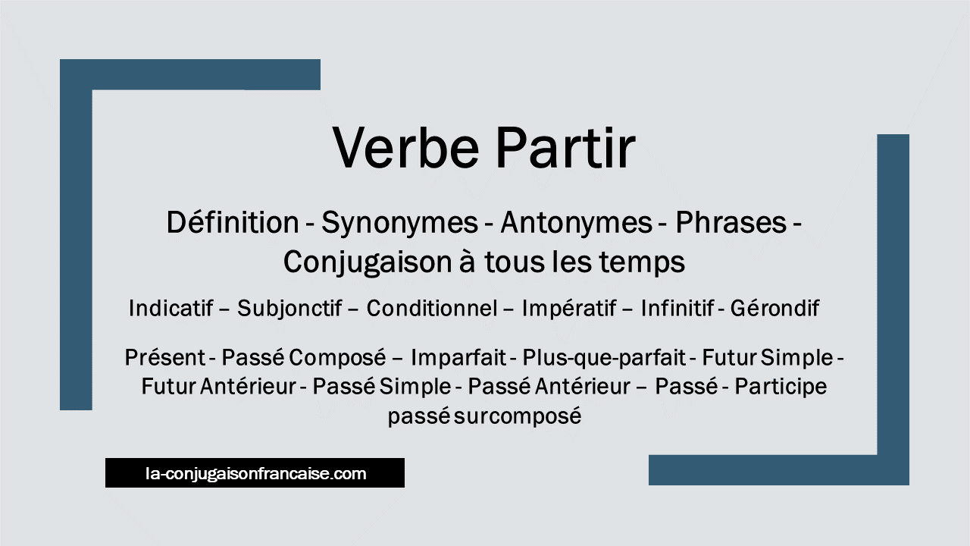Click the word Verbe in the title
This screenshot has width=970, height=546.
pos(405,147)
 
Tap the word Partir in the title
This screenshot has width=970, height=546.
pos(565,147)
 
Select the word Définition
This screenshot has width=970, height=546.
pos(233,222)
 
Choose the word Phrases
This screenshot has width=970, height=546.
pos(731,222)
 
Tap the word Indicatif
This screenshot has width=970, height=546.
pos(171,308)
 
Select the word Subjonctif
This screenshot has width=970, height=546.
pos(289,309)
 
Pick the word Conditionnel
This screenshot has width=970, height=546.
pos(432,308)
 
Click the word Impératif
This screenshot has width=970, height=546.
pos(569,309)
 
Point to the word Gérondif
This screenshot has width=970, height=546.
pos(774,308)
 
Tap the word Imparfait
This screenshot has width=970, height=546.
pos(458,358)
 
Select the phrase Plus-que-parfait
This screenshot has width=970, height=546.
pos(604,359)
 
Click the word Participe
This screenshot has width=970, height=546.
pos(781,388)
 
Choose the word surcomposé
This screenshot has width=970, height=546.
pos(518,416)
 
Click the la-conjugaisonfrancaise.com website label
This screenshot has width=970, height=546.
pos(256,474)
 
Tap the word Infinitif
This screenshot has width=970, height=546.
pos(677,308)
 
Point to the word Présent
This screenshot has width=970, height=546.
pos(165,358)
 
